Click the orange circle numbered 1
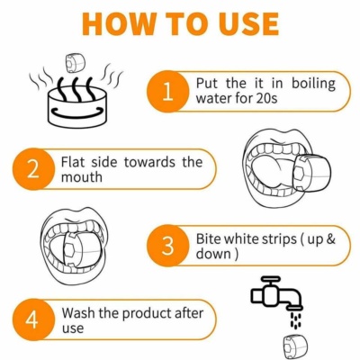168,92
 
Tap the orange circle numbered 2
33,169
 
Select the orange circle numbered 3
168,246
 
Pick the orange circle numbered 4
33,319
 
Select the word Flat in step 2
74,162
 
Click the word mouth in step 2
82,177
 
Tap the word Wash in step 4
78,313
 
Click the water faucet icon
276,293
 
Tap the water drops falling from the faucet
295,320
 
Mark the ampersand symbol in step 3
329,239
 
